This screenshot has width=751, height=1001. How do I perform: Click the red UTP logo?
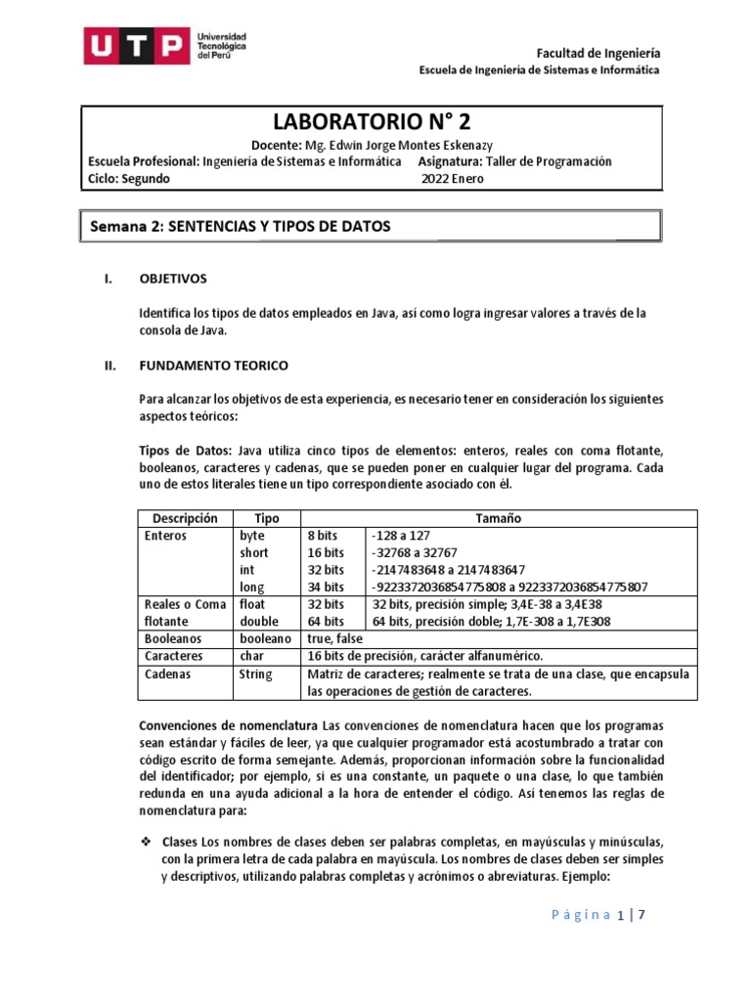[136, 46]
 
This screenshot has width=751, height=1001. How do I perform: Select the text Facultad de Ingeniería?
[599, 52]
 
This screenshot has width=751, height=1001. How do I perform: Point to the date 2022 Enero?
[452, 179]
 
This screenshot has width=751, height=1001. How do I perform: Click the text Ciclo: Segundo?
[128, 179]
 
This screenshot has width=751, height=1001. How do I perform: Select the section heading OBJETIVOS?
[173, 279]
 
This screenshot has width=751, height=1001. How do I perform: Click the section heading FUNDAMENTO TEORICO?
[214, 365]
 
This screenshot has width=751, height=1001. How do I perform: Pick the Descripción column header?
[185, 518]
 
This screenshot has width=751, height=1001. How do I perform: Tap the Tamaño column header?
[500, 518]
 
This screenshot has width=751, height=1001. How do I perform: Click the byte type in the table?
[252, 536]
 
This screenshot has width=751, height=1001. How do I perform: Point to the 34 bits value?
[326, 587]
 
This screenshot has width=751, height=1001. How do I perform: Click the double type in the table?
[258, 622]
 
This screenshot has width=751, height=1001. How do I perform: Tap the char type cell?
[252, 656]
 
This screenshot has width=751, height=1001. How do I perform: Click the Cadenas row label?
[167, 674]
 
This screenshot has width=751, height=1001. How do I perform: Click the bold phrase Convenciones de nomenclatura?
[229, 726]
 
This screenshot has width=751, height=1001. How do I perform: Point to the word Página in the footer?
[582, 915]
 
